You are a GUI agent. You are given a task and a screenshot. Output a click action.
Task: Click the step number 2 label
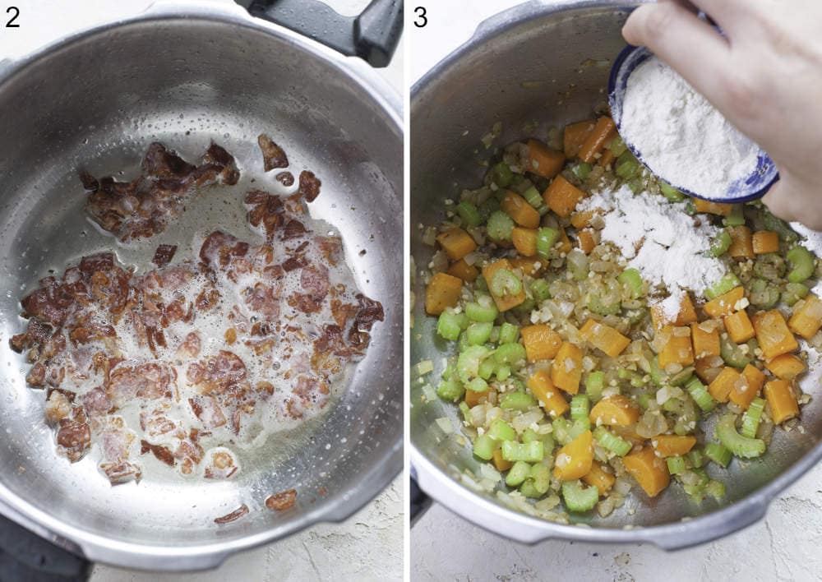click(x=12, y=16)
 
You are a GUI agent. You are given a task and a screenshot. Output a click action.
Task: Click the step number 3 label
click(x=420, y=16)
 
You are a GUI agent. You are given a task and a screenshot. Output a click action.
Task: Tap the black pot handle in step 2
click(x=345, y=30)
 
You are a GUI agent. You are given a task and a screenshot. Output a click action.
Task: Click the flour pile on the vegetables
click(x=658, y=238)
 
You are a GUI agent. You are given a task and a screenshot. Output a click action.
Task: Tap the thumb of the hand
click(x=658, y=29)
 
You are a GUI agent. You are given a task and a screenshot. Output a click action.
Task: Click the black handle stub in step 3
click(x=419, y=501)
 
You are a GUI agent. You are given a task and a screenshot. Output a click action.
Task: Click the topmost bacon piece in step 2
click(x=272, y=153)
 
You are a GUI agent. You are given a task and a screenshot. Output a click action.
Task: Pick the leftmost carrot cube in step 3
click(x=443, y=293)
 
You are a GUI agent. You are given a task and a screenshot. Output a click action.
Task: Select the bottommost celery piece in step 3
click(x=580, y=497)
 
